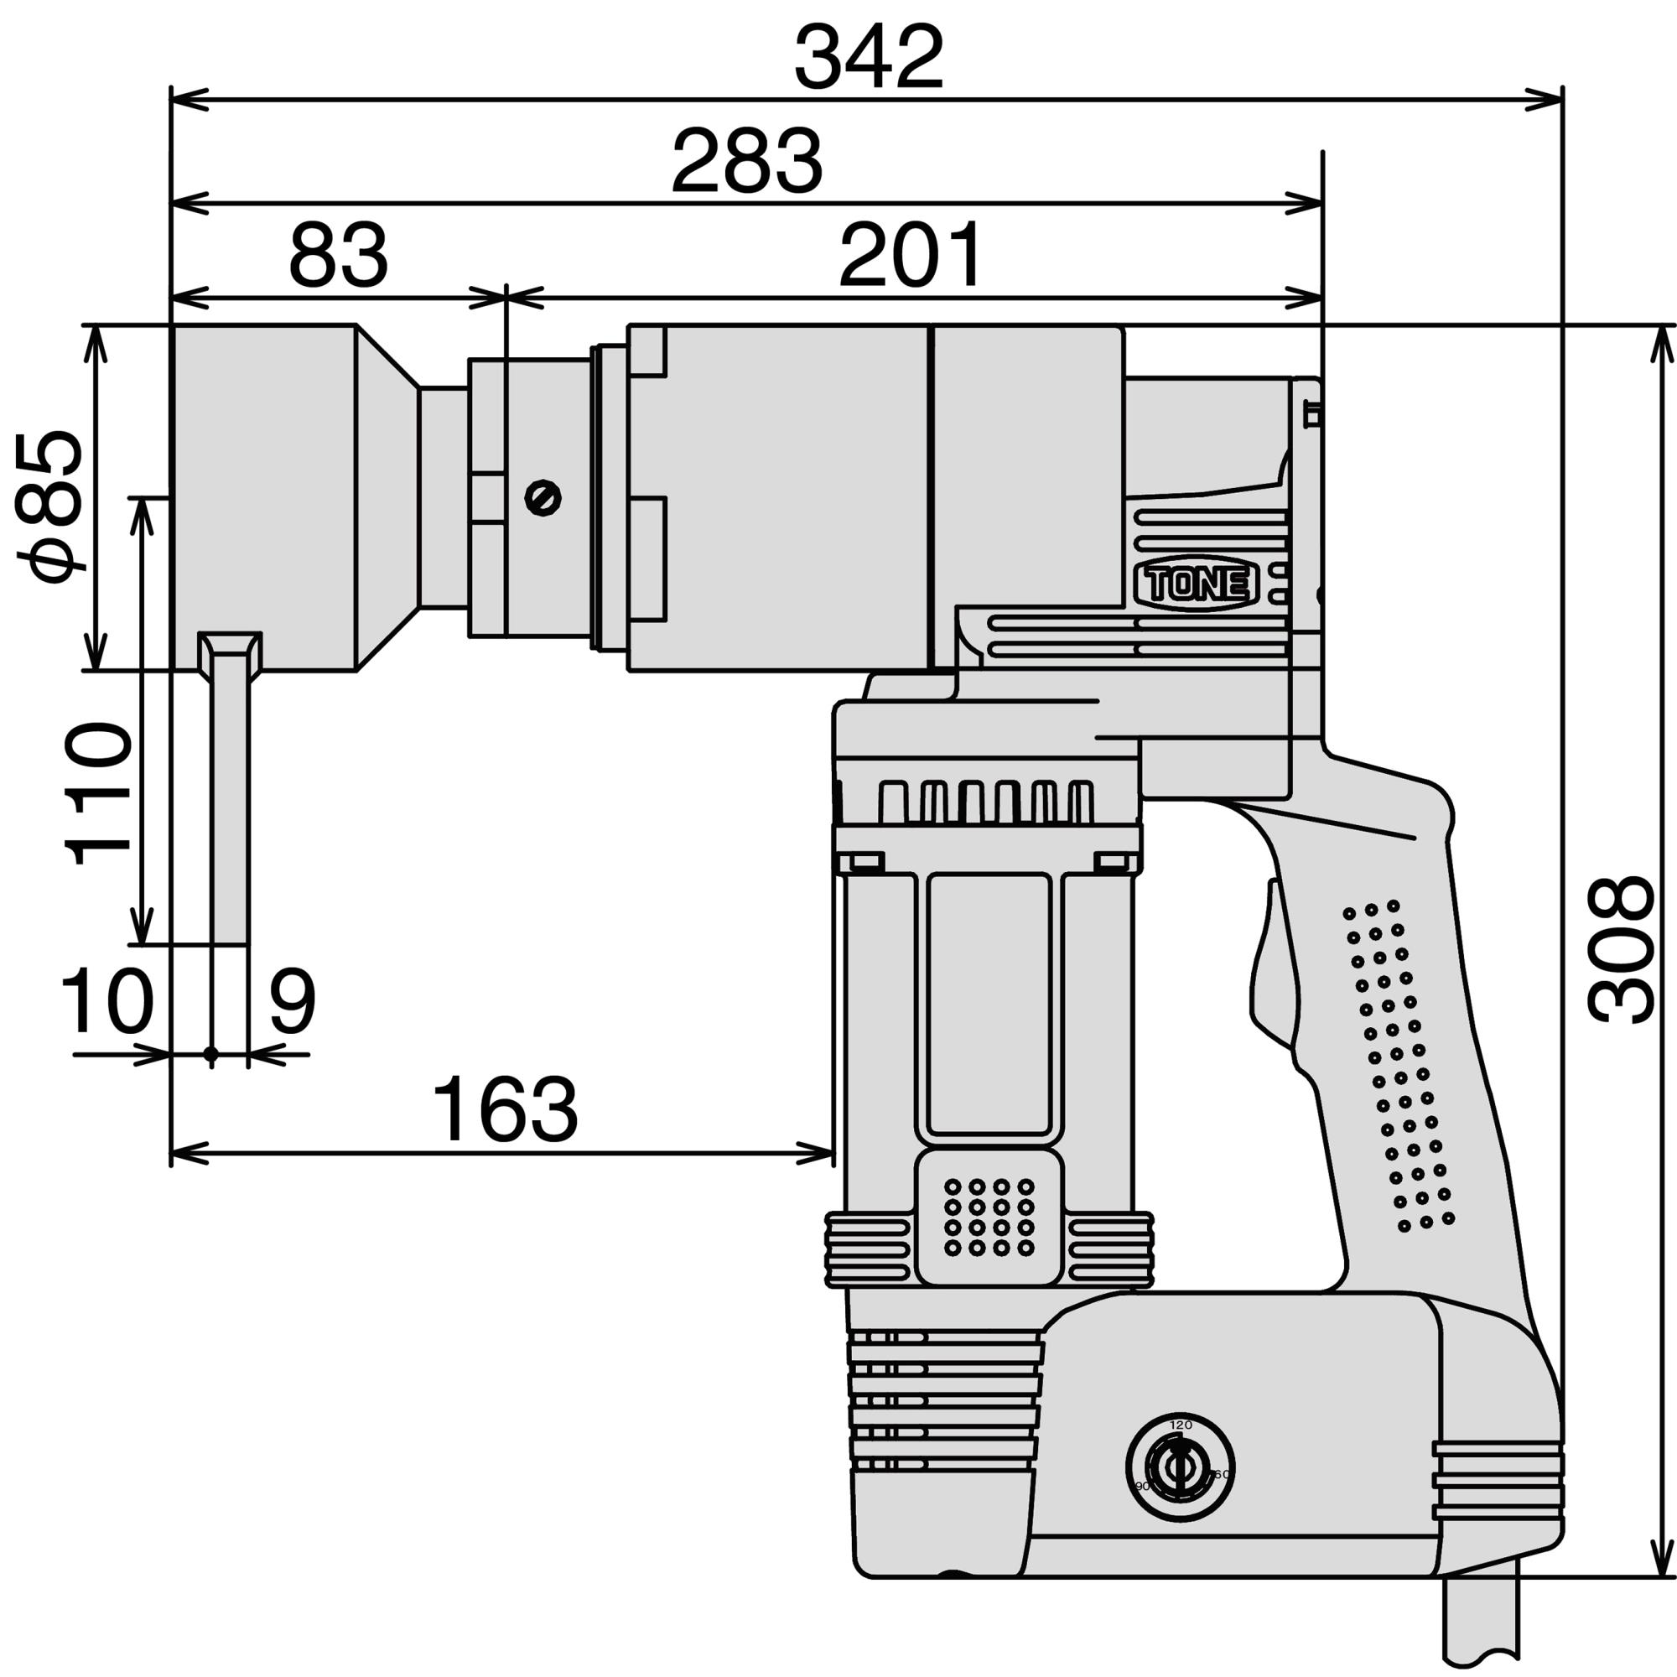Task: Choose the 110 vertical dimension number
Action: [x=98, y=792]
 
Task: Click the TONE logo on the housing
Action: [x=1197, y=585]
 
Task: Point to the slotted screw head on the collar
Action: [x=543, y=497]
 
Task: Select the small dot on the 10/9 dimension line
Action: [x=211, y=1054]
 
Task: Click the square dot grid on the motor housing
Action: [x=989, y=1217]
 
